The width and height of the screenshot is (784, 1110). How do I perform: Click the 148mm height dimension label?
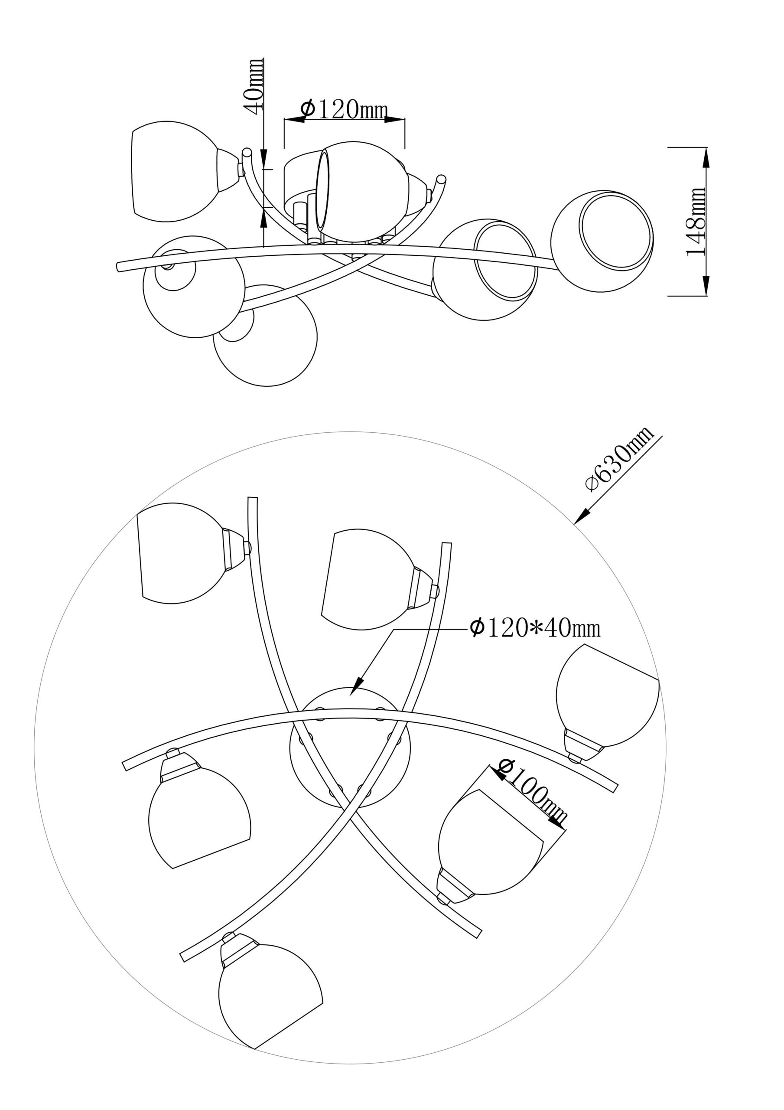tap(697, 222)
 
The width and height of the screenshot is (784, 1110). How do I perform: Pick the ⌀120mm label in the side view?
tap(344, 109)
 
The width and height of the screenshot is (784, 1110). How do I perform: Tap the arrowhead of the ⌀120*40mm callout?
tap(357, 688)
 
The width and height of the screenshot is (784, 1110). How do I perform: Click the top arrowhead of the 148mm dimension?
tap(706, 157)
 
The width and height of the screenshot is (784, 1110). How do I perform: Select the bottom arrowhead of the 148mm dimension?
tap(706, 286)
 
